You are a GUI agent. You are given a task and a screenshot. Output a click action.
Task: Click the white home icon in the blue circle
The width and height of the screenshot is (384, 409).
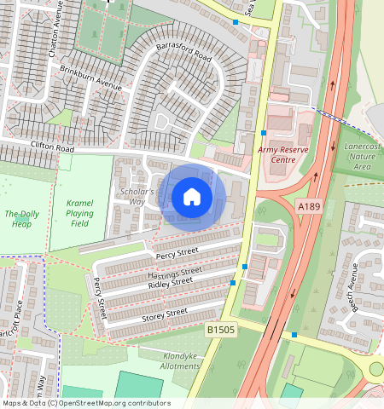[192, 198]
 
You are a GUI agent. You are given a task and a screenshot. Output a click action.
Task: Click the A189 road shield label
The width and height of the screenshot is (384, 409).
[309, 206]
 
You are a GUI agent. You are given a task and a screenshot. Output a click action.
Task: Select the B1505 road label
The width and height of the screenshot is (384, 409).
[221, 326]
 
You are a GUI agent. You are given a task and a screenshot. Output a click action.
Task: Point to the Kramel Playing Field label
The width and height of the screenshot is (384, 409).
[79, 212]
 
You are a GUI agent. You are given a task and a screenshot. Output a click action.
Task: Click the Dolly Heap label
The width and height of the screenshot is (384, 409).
[22, 218]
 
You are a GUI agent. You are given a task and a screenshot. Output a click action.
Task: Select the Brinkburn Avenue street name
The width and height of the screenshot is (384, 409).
[97, 81]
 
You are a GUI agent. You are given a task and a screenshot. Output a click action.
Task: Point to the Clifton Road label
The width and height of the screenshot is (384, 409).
[53, 147]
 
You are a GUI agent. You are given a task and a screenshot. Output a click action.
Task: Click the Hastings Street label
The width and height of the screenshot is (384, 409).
[174, 274]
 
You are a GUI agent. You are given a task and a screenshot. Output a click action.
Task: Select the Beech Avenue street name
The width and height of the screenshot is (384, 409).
[353, 287]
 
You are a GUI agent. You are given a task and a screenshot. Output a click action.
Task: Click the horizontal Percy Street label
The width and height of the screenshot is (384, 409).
[177, 252]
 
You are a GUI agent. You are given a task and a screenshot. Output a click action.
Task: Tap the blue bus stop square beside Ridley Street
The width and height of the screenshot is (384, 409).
[232, 282]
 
